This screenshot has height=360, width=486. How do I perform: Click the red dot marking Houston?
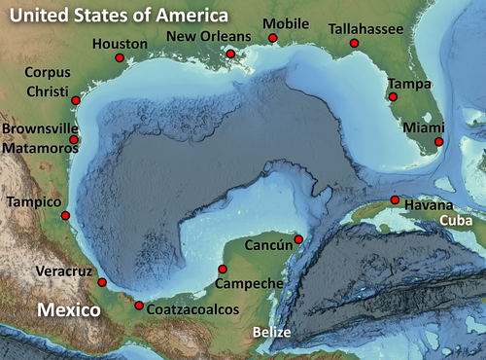pyautogui.click(x=120, y=58)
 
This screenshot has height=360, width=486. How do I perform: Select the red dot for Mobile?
pyautogui.click(x=273, y=38)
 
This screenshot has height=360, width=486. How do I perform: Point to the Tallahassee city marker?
pyautogui.click(x=354, y=44)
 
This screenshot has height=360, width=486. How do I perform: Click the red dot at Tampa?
pyautogui.click(x=393, y=96)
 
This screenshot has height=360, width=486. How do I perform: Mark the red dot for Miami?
pyautogui.click(x=438, y=142)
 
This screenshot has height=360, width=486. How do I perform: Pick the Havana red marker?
pyautogui.click(x=395, y=200)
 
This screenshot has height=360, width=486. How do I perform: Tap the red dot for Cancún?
pyautogui.click(x=298, y=239)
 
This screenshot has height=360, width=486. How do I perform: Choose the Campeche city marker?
pyautogui.click(x=222, y=269)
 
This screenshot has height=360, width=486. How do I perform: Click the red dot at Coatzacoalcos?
pyautogui.click(x=139, y=306)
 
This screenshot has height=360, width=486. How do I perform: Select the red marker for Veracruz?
pyautogui.click(x=102, y=282)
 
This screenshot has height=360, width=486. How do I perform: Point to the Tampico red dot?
pyautogui.click(x=65, y=215)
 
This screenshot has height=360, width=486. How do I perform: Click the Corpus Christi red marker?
pyautogui.click(x=76, y=100)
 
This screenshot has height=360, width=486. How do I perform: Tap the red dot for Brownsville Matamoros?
pyautogui.click(x=74, y=140)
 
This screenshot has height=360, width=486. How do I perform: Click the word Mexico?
pyautogui.click(x=69, y=310)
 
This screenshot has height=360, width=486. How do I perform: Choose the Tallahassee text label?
pyautogui.click(x=365, y=29)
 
